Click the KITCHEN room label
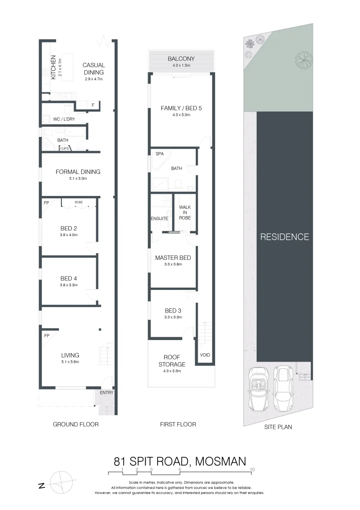(53, 67)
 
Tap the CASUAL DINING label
(93, 69)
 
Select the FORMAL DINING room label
(78, 172)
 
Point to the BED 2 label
(68, 229)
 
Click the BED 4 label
(68, 279)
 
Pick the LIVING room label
(70, 355)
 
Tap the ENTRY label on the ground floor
(107, 392)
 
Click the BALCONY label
(181, 59)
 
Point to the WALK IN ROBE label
(185, 212)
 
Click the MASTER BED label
(173, 258)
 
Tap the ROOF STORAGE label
(175, 361)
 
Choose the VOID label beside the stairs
(205, 355)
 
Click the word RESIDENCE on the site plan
(285, 237)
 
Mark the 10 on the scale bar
(253, 469)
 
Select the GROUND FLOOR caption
(75, 425)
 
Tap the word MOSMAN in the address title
(220, 461)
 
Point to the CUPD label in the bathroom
(65, 149)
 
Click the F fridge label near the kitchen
(93, 105)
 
